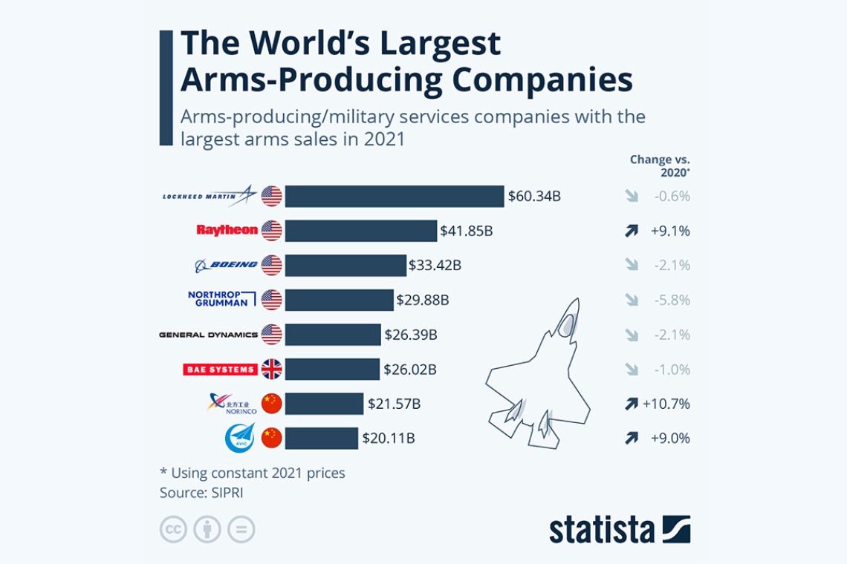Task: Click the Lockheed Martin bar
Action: (x=394, y=197)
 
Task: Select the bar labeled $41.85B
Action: (x=360, y=231)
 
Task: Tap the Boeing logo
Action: (x=226, y=265)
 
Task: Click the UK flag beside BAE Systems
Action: (x=271, y=369)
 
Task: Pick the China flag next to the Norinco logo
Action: (x=271, y=404)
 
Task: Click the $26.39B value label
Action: (x=411, y=335)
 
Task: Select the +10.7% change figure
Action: (x=666, y=404)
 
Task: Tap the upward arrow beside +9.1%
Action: (x=632, y=231)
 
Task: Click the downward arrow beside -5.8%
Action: (x=632, y=300)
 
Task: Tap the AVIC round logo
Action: (x=239, y=438)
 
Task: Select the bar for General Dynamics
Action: (x=333, y=335)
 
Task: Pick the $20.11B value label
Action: (x=388, y=439)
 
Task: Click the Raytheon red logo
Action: (x=227, y=230)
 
